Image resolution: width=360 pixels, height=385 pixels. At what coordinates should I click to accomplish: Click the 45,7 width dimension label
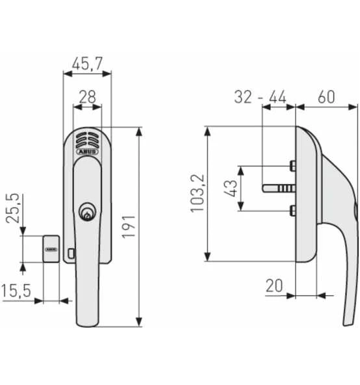coord(87,64)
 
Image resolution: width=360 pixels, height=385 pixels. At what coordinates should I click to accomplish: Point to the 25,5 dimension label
coord(12,209)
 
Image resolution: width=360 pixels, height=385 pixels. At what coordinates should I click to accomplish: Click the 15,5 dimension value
coord(16,291)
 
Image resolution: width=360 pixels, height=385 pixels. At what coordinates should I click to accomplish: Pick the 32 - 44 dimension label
coord(260,97)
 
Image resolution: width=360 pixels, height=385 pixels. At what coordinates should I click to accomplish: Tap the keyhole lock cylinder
coord(87,212)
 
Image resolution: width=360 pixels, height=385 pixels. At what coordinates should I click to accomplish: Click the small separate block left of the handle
coord(51,248)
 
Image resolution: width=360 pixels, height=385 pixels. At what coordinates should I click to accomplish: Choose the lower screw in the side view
coord(293,209)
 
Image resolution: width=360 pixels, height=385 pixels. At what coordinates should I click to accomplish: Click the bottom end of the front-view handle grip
coord(88,321)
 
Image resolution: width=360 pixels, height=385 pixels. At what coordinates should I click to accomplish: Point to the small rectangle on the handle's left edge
coord(71,251)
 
